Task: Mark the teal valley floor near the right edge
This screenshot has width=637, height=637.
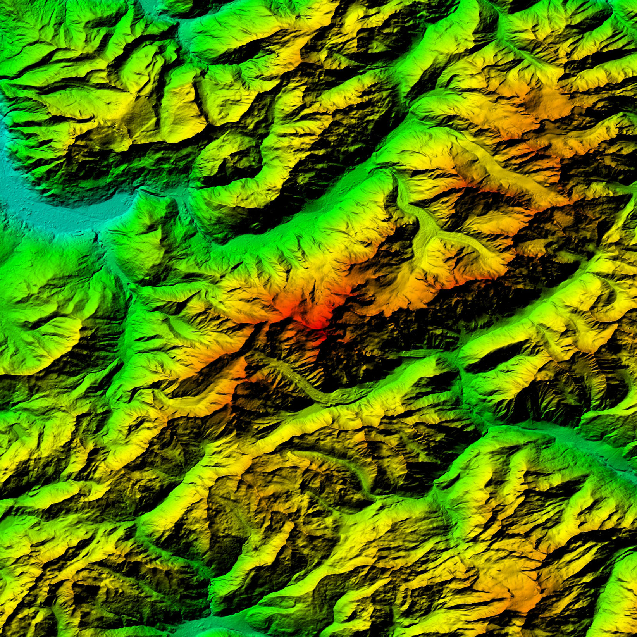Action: (x=604, y=446)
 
